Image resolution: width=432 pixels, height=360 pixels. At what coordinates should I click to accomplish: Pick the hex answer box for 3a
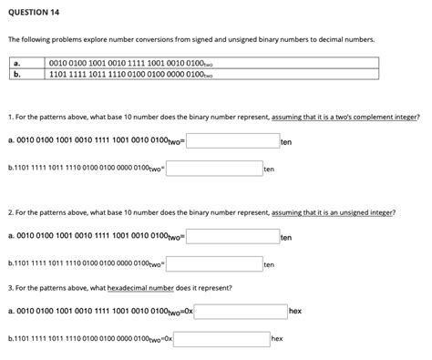240,311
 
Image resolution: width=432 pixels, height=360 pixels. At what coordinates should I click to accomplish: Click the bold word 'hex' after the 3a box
295,311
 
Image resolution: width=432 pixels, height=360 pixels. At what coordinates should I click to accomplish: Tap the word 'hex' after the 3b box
277,339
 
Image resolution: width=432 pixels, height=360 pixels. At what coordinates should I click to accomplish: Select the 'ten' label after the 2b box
268,265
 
